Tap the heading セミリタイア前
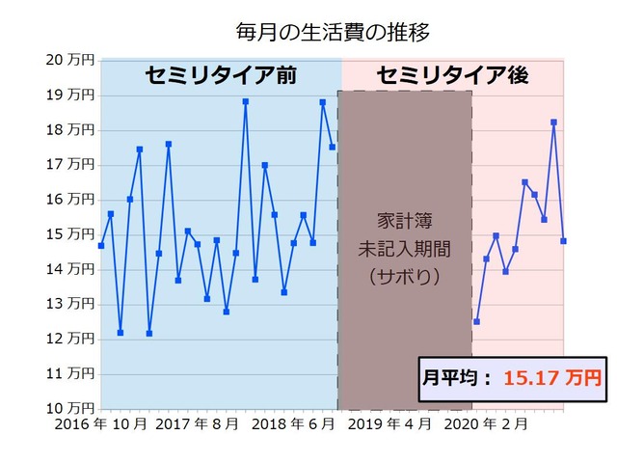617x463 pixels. [x=220, y=75]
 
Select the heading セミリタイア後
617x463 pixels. [x=454, y=75]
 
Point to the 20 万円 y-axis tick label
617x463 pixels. [x=70, y=60]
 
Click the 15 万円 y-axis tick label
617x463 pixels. [x=70, y=234]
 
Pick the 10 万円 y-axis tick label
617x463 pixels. [x=70, y=408]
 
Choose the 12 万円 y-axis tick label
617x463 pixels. [x=70, y=339]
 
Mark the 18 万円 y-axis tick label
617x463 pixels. [x=70, y=129]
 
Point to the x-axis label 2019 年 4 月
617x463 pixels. [x=390, y=423]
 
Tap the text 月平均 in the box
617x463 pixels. [x=451, y=377]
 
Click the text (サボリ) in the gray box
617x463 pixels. [x=405, y=276]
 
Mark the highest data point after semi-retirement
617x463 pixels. [x=553, y=123]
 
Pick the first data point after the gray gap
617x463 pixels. [x=476, y=321]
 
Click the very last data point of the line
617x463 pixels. [x=563, y=241]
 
